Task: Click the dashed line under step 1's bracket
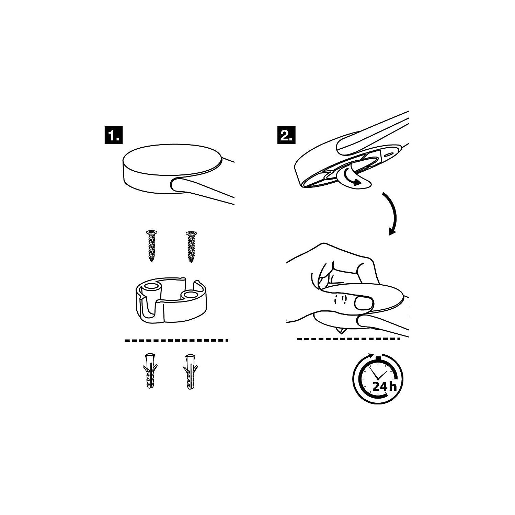point(176,340)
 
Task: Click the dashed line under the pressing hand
point(348,339)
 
